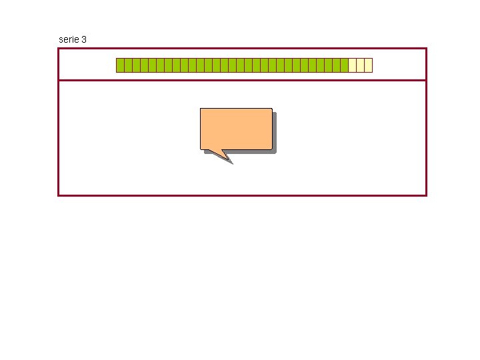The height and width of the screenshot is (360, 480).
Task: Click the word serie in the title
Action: pos(68,40)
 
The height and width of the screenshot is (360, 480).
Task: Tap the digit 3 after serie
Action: pos(83,40)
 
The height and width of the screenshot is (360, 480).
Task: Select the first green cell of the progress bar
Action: pos(120,65)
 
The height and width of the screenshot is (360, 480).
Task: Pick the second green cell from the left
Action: pos(128,65)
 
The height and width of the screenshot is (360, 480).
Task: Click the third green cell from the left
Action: pos(136,65)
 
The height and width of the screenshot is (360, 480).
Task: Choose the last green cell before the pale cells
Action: pos(344,65)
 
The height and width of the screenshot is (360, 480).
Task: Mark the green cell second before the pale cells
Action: pos(336,65)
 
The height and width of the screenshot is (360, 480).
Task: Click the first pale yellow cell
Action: pos(352,65)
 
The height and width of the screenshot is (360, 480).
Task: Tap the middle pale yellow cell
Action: pos(360,65)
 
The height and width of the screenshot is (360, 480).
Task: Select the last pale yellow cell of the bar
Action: pos(368,65)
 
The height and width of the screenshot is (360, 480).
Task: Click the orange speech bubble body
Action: pos(236,128)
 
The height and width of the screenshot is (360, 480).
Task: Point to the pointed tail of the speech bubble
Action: pos(228,158)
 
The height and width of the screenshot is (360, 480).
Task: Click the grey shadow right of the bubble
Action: pos(274,132)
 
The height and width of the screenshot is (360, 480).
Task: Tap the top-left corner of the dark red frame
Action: pos(59,49)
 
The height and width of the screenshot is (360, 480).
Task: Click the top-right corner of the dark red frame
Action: pos(425,49)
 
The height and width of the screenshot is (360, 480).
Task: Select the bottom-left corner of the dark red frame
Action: pos(59,195)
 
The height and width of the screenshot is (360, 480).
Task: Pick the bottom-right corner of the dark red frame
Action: pos(425,195)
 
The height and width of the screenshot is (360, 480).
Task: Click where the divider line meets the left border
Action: pos(59,80)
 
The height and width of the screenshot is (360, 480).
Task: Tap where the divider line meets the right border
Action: pos(425,80)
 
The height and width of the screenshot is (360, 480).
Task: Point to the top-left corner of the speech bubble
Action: pos(201,109)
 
